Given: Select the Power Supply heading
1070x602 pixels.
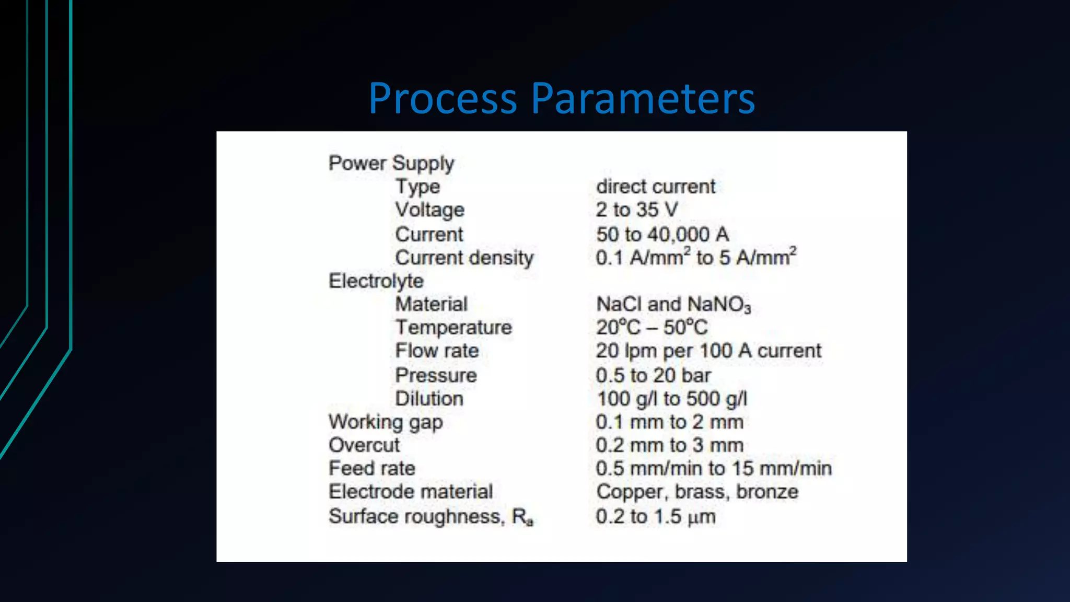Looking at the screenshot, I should [391, 164].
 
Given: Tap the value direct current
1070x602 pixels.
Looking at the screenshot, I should [656, 187].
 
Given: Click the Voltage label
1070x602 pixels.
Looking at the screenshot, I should [429, 210].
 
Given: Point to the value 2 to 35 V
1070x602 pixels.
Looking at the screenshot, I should [637, 210].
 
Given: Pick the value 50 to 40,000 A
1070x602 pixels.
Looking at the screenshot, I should [662, 234].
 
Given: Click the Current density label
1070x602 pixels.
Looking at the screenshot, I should [464, 258].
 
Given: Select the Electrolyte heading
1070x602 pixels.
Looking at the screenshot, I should [376, 281].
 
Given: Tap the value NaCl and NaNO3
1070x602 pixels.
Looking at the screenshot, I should [673, 304].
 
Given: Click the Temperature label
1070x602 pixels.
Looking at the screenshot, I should [453, 328].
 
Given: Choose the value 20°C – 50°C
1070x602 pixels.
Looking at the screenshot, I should [652, 328].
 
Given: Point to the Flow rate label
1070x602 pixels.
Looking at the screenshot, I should [437, 351].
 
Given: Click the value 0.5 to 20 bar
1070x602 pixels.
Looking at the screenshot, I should [653, 375].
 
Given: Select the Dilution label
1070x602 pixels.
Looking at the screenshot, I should [429, 399].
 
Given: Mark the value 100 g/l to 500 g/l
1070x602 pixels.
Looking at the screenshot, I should [671, 399].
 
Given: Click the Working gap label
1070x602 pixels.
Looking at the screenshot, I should [386, 422].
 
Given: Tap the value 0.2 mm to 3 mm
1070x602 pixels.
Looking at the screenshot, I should [669, 445].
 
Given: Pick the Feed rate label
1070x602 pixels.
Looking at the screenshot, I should [372, 468].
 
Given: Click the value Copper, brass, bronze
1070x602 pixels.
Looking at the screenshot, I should [697, 492].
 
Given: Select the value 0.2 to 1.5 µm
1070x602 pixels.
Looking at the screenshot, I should [655, 516].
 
